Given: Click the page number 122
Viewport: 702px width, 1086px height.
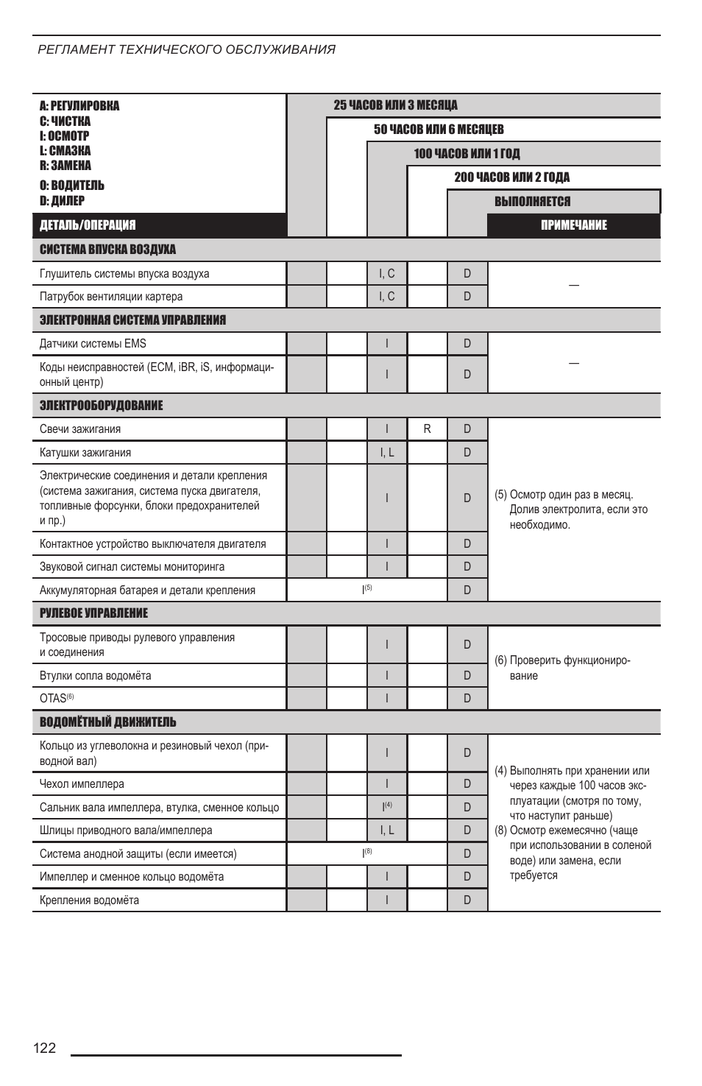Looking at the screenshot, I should point(44,1048).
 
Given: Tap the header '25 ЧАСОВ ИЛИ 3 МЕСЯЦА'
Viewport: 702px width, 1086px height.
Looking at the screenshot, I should point(395,105).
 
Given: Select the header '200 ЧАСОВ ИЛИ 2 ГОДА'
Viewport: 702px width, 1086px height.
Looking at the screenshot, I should point(511,177).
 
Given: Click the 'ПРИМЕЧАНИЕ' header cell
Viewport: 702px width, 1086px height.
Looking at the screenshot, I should point(574,225).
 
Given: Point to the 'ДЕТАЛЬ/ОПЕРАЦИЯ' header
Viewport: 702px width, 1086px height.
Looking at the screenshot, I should point(88,225).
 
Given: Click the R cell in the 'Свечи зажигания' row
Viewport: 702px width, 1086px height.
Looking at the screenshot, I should point(427,429).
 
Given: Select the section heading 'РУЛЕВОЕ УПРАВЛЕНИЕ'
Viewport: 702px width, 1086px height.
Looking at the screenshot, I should point(93,613).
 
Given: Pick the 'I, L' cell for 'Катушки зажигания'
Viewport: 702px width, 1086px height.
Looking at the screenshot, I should point(387,452).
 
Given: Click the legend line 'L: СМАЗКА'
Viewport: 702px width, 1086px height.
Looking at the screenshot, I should point(65,151).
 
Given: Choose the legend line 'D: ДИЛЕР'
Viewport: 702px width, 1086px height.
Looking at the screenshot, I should point(62,200).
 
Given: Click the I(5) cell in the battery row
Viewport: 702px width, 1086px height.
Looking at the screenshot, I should point(366,590).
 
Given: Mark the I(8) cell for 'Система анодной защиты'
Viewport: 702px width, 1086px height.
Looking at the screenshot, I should point(366,853).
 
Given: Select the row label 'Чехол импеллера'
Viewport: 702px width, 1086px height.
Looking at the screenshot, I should point(82,784).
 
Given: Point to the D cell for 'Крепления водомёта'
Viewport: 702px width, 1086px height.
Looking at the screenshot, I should point(467,900).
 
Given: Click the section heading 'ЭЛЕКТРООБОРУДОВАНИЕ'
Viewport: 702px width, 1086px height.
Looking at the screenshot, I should point(101,406).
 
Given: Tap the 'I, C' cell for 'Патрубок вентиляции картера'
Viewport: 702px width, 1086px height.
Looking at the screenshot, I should point(387,296).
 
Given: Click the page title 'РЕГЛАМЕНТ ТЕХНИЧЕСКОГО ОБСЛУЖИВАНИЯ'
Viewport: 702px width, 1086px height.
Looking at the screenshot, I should point(187,49).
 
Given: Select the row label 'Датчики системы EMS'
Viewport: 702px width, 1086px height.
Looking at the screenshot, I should point(93,343).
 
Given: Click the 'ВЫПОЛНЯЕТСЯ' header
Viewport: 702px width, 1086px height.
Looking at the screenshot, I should point(532,202).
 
